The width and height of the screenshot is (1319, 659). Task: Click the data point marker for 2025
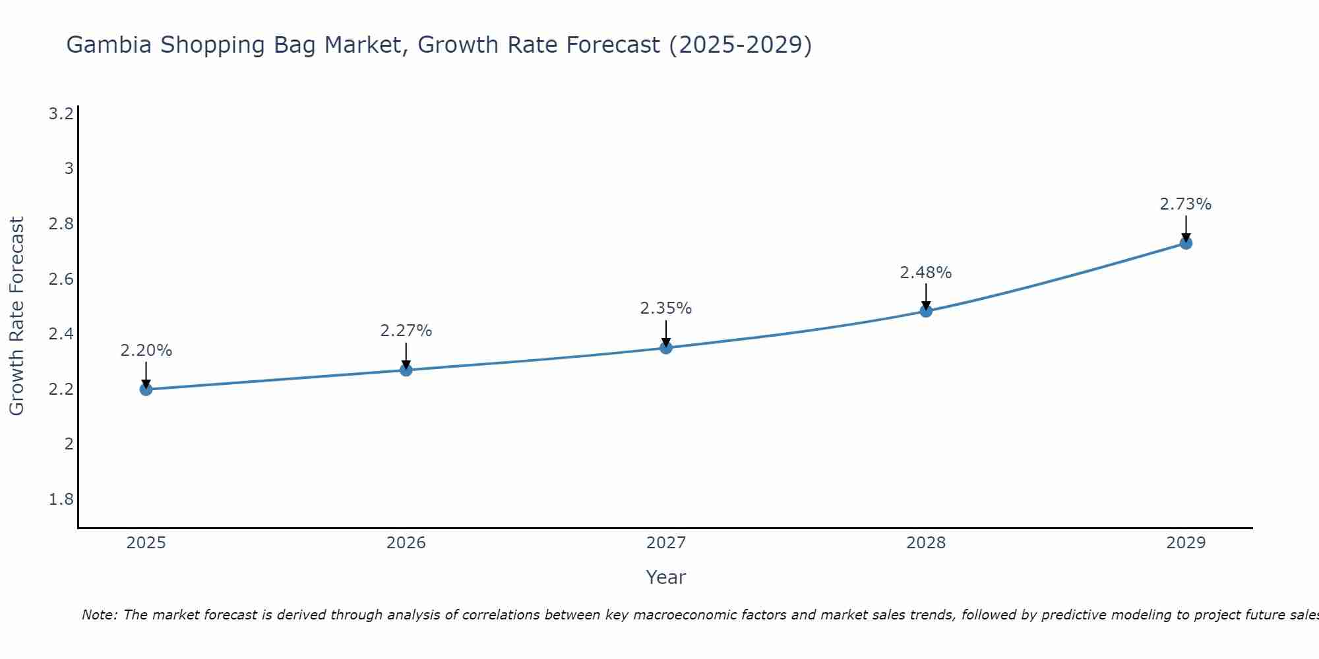(x=146, y=389)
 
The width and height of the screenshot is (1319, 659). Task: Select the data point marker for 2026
(x=406, y=370)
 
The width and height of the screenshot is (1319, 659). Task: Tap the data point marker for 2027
(x=666, y=348)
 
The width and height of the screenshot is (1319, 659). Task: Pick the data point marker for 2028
(x=926, y=311)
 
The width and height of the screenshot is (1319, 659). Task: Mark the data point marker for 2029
(x=1186, y=243)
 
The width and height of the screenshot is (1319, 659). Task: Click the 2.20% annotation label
(x=146, y=351)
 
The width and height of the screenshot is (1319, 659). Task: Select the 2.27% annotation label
(x=406, y=331)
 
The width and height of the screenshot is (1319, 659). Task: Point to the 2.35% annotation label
(x=666, y=308)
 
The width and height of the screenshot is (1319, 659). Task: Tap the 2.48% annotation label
(x=926, y=273)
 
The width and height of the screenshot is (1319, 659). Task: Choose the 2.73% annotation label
(x=1186, y=204)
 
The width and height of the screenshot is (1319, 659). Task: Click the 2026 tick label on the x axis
(x=406, y=543)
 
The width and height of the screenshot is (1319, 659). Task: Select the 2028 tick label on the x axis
(x=926, y=543)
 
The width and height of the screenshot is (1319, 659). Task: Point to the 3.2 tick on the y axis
(x=61, y=114)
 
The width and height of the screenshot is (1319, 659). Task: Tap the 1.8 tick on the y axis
(x=61, y=500)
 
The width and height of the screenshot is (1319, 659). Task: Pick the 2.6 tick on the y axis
(x=61, y=279)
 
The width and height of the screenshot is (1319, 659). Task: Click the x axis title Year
(x=666, y=577)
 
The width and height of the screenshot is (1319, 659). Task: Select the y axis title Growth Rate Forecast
(x=16, y=316)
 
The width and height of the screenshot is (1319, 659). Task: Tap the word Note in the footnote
(x=99, y=615)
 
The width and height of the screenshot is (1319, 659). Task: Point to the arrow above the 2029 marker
(x=1186, y=228)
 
